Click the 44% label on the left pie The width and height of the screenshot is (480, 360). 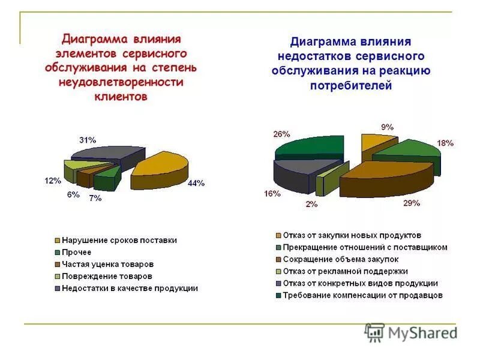pos(196,184)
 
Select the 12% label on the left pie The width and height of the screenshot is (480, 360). pos(52,181)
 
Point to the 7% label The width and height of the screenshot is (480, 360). pos(95,199)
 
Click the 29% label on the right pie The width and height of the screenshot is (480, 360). pos(411,203)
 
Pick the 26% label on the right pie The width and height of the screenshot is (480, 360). pos(265,134)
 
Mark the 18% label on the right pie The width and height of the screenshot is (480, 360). pos(445,143)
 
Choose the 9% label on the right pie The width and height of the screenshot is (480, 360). pos(387,127)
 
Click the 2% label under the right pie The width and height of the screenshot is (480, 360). pos(312,204)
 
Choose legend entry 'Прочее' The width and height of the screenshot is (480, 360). pos(77,252)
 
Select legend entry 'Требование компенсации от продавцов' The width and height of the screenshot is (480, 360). pos(359,295)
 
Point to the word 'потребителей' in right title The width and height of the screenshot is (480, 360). pos(350,86)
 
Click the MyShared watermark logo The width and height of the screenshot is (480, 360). pos(410,332)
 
